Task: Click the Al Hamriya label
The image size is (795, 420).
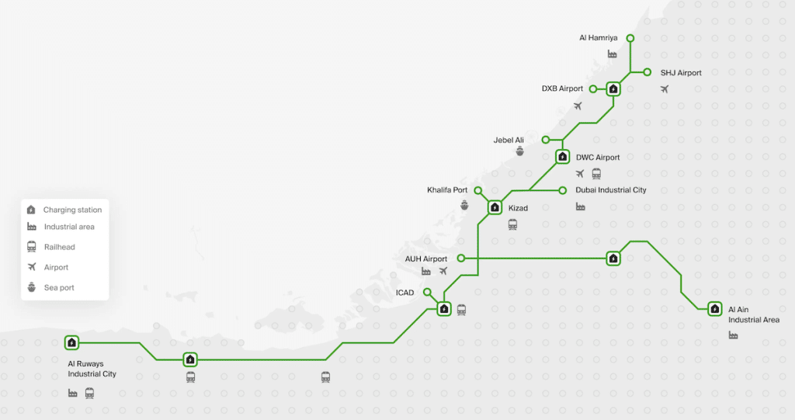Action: (599, 38)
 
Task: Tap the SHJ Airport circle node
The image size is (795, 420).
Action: (647, 72)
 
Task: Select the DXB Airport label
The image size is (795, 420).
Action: (562, 89)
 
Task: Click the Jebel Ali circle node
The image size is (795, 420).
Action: (546, 140)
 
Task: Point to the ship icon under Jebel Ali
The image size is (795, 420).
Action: (519, 151)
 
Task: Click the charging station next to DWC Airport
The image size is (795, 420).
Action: (562, 157)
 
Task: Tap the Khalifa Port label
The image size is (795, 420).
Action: (447, 190)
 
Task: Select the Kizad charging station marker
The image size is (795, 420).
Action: (495, 207)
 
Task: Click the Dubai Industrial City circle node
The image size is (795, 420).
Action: (562, 190)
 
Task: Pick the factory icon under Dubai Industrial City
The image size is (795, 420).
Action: (581, 207)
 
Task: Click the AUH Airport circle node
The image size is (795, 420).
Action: (461, 259)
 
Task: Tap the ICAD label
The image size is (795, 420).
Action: (404, 293)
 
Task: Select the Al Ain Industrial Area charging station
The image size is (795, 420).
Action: (715, 309)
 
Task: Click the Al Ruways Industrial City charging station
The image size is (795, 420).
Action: (72, 343)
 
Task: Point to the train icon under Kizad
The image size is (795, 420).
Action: (512, 224)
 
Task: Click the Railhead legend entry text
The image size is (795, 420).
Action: (59, 247)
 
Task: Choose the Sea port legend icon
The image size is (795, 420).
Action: (31, 287)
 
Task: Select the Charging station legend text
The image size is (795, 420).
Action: (72, 210)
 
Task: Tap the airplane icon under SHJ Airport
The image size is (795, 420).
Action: (665, 89)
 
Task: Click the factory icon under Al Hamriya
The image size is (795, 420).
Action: (613, 54)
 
